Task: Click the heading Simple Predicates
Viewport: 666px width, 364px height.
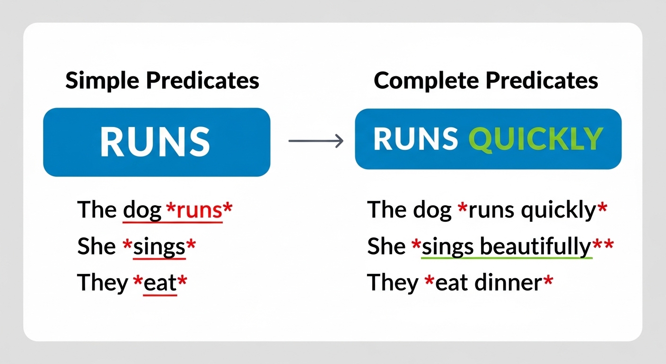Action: pos(162,81)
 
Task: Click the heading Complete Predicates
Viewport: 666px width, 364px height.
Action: pos(486,81)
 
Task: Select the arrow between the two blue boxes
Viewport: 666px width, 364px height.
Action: pos(315,140)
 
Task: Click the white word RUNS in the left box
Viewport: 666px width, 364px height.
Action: pos(155,141)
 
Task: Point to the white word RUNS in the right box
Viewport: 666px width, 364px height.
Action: pos(415,139)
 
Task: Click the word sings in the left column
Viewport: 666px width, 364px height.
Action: pos(159,246)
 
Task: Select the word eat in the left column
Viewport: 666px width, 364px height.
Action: pos(160,283)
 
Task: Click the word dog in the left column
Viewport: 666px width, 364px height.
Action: pos(142,210)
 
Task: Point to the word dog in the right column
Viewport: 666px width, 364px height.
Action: pos(432,210)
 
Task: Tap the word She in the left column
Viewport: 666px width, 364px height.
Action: pos(96,246)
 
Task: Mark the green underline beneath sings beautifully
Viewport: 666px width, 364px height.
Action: pos(506,258)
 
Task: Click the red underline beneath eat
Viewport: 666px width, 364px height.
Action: pos(160,295)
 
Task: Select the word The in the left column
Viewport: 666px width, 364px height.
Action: pos(96,210)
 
